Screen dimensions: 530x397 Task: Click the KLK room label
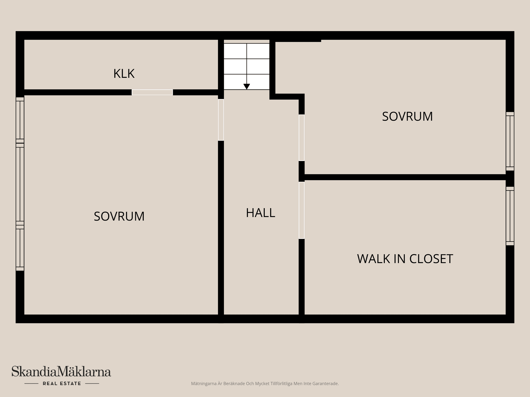(x=124, y=74)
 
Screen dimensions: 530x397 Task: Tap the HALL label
(x=261, y=213)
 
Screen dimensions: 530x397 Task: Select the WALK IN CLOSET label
(x=405, y=259)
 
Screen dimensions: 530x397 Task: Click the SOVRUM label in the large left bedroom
(x=119, y=216)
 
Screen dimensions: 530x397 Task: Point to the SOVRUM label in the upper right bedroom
(x=407, y=117)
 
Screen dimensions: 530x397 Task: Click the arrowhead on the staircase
(x=247, y=87)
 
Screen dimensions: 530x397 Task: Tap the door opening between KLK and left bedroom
(x=152, y=92)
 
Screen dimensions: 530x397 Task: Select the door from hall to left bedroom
(x=221, y=120)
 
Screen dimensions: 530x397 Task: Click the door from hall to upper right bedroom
(x=302, y=138)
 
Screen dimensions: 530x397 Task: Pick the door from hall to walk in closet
(x=302, y=210)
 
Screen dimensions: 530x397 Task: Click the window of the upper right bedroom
(x=510, y=141)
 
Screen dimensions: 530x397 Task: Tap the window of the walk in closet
(x=510, y=216)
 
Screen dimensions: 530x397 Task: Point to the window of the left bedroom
(x=20, y=184)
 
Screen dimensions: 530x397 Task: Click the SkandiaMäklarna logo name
(x=61, y=371)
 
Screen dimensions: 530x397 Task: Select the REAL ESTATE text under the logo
(x=62, y=383)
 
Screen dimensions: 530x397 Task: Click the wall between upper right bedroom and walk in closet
(x=405, y=177)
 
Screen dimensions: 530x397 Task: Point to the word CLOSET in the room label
(x=431, y=259)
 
